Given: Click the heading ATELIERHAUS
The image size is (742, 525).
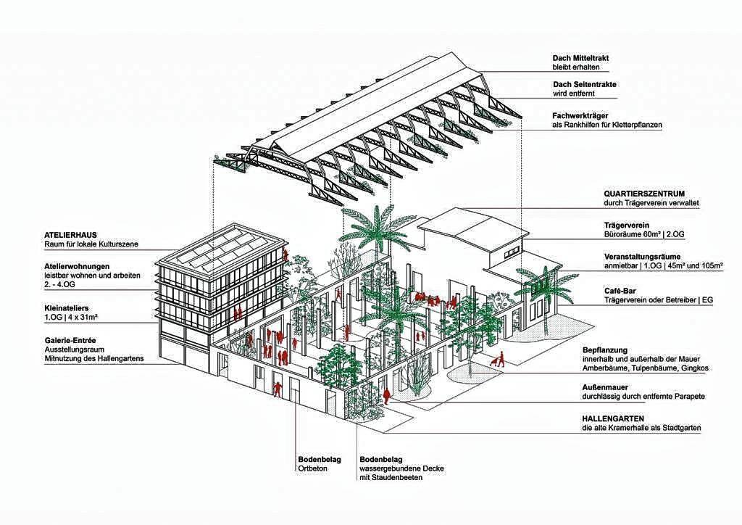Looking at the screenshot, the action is coord(70,235).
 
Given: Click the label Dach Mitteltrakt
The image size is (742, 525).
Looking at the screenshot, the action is coord(580,58).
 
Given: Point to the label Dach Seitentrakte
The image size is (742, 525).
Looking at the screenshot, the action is coord(585,84).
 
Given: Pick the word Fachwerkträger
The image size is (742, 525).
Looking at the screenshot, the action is coord(580,116).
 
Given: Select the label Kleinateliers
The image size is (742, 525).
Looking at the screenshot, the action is coord(66,308).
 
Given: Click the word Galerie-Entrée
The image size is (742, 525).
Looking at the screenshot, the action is coord(70,340).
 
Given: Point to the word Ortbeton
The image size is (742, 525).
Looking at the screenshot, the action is coord(312,468).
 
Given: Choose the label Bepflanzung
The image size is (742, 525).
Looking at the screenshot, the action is coord(605,350).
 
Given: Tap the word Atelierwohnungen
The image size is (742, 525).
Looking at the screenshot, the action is coord(77,267).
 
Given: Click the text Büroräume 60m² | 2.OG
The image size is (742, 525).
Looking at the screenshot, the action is coord(644,234).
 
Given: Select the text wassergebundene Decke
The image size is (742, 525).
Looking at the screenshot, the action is coord(401,468).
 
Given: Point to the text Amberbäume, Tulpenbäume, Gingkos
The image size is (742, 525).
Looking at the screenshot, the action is coord(646,368).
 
